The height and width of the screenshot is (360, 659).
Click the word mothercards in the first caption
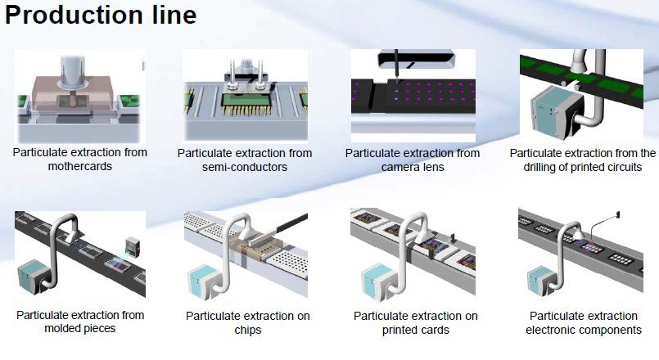[81, 166]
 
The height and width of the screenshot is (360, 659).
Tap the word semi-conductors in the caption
[244, 167]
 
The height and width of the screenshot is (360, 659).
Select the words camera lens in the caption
[413, 167]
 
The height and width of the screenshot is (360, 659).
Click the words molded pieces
[80, 329]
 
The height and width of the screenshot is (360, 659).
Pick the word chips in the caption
[246, 330]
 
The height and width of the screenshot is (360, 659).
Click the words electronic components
[583, 330]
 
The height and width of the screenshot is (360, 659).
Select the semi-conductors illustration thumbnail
[246, 96]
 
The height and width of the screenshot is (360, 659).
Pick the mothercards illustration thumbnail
[79, 96]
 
